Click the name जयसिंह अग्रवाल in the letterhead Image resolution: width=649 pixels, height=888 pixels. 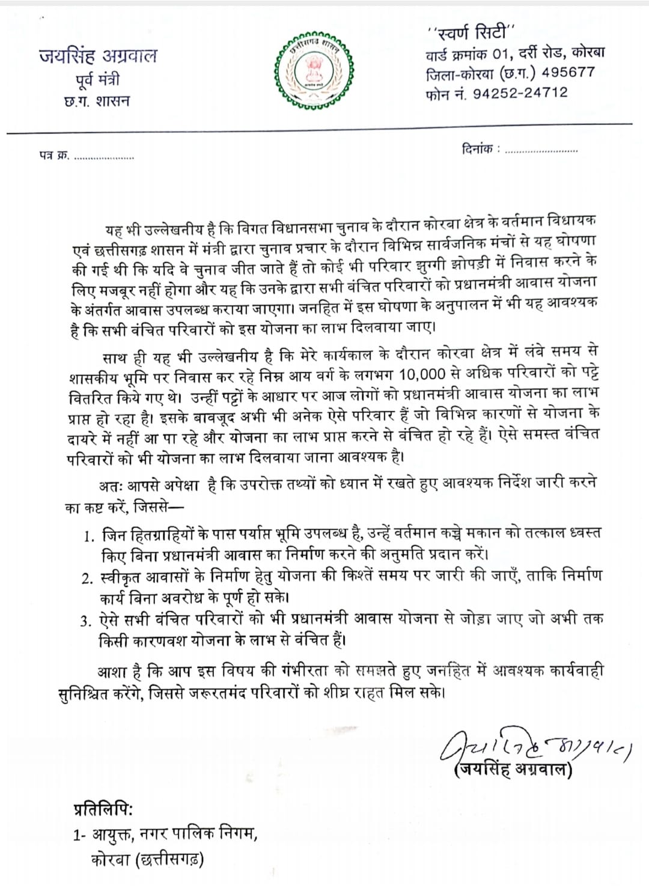pos(98,56)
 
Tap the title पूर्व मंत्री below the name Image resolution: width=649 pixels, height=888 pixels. pos(97,80)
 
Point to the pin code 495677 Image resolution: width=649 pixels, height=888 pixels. pos(568,72)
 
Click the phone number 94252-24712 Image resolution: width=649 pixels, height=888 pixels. pos(520,93)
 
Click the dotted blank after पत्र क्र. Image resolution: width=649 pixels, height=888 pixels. pos(103,157)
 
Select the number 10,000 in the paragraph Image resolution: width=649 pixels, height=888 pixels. pos(422,374)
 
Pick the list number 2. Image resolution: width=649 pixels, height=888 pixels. pos(88,579)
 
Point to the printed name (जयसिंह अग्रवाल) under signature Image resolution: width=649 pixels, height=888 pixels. pos(513,770)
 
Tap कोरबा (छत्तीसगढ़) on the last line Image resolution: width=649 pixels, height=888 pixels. pos(148,860)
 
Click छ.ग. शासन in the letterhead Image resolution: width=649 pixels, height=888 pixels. pos(97,101)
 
